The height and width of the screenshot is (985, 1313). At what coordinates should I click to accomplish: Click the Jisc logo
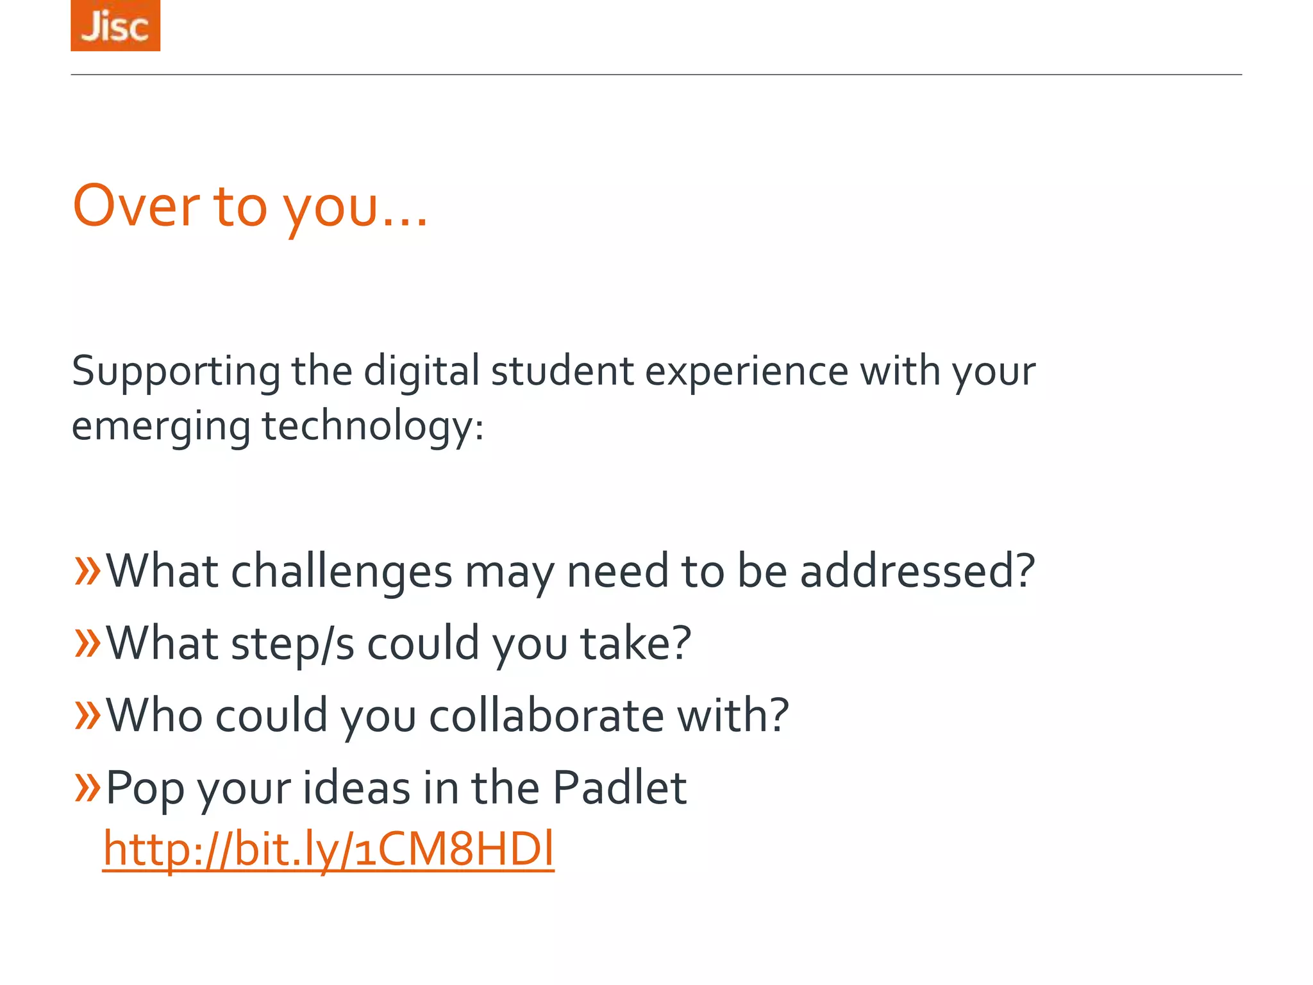click(115, 26)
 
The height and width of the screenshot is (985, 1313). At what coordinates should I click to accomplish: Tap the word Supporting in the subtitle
click(176, 372)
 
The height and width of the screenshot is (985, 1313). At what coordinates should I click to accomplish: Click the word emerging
click(161, 427)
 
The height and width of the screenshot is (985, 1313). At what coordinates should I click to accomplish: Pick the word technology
click(372, 427)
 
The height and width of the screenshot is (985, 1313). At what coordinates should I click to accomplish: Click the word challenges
click(342, 571)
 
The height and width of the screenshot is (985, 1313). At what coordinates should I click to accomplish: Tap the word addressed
click(917, 571)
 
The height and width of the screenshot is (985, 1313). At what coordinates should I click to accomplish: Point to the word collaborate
click(546, 716)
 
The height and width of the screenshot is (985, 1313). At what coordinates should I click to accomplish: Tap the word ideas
click(356, 787)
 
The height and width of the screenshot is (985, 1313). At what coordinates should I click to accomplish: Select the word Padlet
click(619, 787)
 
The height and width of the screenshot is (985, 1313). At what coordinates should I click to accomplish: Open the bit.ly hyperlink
click(328, 849)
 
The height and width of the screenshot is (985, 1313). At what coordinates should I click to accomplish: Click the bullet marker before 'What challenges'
click(87, 570)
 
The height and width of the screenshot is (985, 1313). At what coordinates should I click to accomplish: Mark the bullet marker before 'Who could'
click(87, 714)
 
